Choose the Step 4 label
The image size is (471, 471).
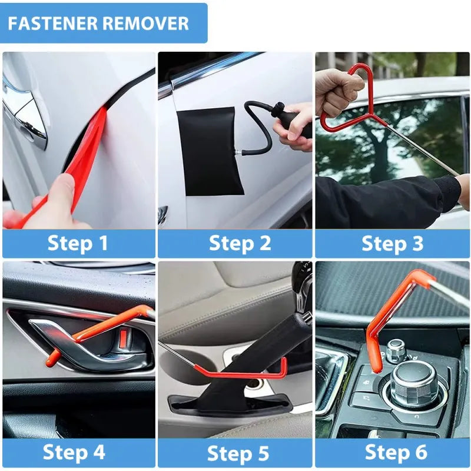tap(74, 452)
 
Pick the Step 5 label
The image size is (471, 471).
tap(238, 453)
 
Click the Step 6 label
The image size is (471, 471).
tap(395, 452)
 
